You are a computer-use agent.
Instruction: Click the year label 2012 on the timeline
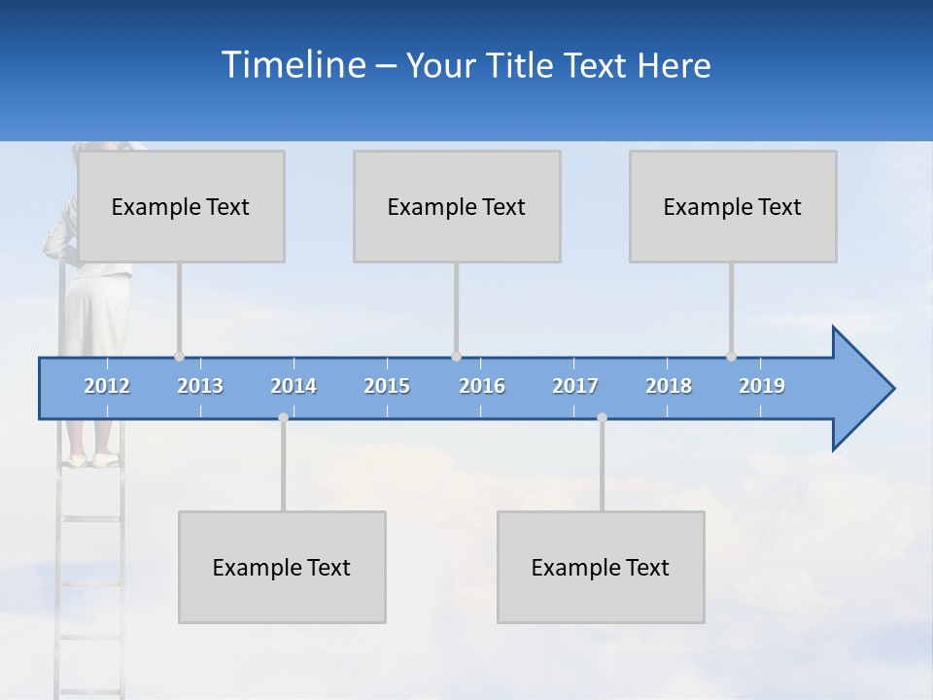pos(107,386)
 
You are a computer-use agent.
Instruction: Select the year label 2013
pos(200,386)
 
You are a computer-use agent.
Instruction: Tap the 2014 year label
pos(294,386)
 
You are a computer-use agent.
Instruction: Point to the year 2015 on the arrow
pos(387,386)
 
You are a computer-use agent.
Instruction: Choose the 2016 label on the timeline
pos(482,386)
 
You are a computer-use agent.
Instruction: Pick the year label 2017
pos(575,386)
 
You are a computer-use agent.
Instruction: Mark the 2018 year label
pos(669,386)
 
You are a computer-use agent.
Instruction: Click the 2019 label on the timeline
pos(762,386)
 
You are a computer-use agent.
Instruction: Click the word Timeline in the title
pos(292,65)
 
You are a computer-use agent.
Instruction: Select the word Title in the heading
pos(522,66)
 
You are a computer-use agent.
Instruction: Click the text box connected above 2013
pos(181,206)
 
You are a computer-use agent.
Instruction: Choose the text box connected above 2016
pos(457,206)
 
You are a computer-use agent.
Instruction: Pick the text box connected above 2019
pos(733,206)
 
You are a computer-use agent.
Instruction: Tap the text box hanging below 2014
pos(282,567)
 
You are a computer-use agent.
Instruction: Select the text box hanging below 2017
pos(601,567)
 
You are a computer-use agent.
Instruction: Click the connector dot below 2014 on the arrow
pos(283,418)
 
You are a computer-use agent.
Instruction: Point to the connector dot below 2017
pos(602,418)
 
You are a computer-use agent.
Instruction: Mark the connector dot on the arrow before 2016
pos(456,357)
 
